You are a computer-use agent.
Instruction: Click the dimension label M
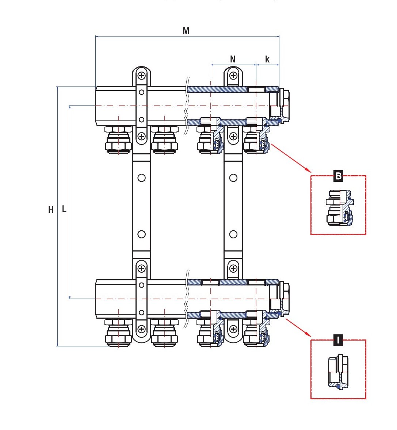point(186,31)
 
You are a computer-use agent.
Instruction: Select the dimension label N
point(233,59)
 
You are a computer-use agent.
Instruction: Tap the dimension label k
point(267,59)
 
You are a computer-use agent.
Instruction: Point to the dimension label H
point(51,210)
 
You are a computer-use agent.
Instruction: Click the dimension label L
point(64,209)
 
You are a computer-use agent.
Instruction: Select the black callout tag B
point(339,176)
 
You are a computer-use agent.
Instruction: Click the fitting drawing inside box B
point(340,208)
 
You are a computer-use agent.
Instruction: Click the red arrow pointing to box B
point(291,157)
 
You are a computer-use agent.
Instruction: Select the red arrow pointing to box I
point(298,327)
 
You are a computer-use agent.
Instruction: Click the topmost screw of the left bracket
point(141,76)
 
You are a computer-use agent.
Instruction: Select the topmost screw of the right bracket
point(233,76)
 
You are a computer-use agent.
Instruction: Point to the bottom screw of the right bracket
point(233,329)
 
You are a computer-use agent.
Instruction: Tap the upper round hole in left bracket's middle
point(141,178)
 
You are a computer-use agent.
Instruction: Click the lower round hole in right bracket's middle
point(233,234)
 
